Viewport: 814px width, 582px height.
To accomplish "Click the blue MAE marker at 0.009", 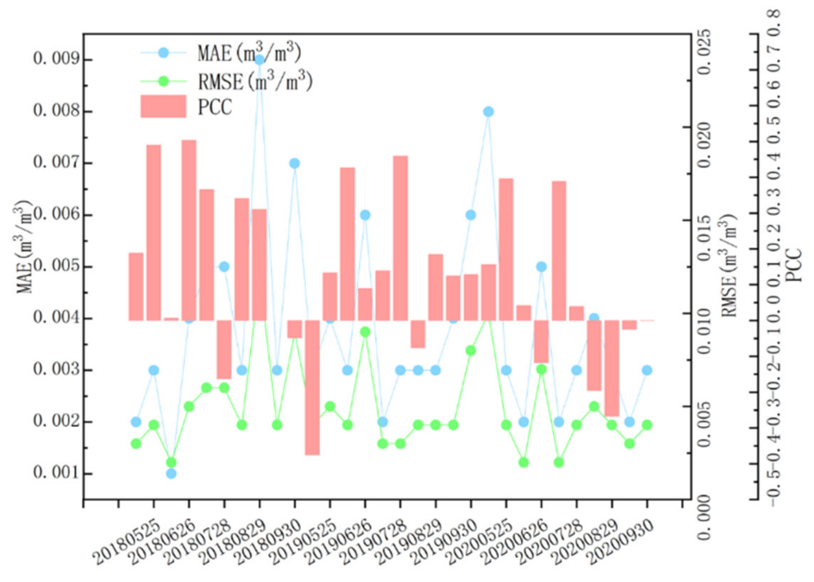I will tap(259, 59).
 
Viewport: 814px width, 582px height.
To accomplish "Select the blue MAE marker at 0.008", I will tap(488, 111).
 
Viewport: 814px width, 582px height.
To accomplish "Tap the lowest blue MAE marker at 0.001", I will tap(171, 473).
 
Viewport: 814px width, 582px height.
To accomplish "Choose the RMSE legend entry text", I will tap(255, 82).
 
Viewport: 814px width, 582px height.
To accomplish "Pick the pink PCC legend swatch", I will tap(163, 106).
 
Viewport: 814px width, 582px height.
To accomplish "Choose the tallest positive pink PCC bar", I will tap(189, 229).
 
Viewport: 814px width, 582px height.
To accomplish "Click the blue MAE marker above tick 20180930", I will tap(295, 163).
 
